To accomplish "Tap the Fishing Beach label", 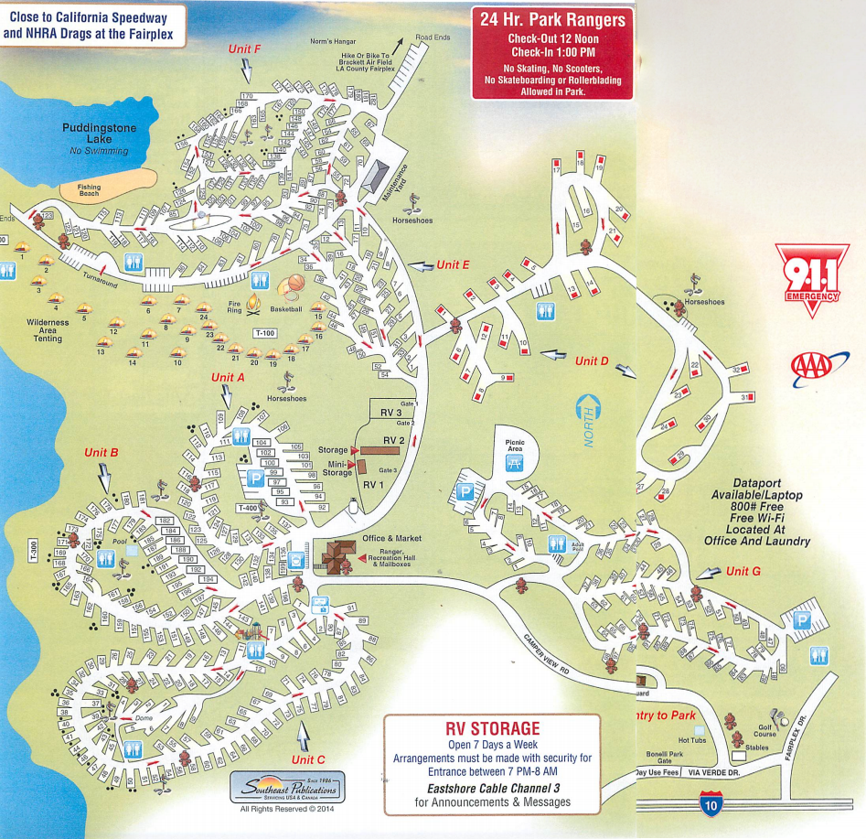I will [x=89, y=190].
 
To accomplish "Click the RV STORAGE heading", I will [x=492, y=728].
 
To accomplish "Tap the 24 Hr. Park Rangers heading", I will [x=552, y=20].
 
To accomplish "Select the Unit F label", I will [x=244, y=48].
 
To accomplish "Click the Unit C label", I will [x=308, y=759].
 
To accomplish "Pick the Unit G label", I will [x=743, y=571].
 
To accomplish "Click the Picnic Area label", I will [x=515, y=446].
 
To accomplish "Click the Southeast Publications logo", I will [x=288, y=788].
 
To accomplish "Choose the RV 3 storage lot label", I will [x=391, y=413].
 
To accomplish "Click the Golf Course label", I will [x=764, y=730].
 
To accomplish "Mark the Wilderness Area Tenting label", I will [x=48, y=330].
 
